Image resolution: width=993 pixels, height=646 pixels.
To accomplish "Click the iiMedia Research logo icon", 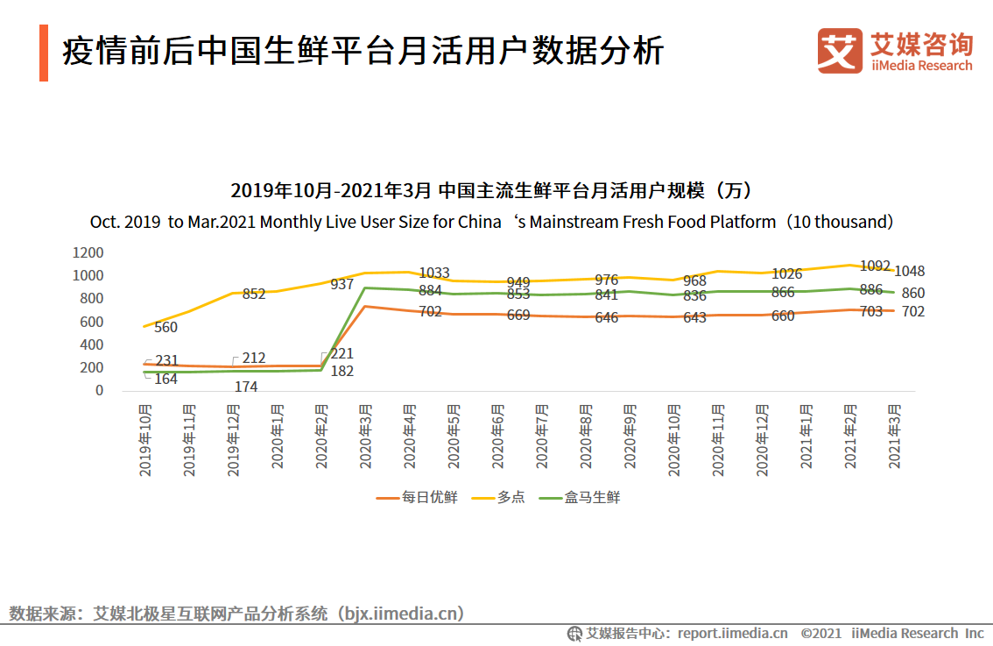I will point(840,51).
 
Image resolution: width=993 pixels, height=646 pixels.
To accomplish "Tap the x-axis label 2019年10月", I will point(146,440).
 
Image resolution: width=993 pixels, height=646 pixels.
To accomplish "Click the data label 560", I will point(165,328).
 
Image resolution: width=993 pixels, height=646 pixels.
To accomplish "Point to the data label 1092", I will point(875,266).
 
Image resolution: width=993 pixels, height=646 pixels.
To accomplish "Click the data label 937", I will point(342,284).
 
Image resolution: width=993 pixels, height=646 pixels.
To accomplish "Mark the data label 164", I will point(165,380).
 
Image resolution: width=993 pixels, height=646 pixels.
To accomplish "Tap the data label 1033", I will point(434,273).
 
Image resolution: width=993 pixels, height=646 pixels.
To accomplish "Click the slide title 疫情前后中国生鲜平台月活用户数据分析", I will point(363,52).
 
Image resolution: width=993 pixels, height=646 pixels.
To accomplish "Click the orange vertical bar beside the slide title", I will point(44,53).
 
